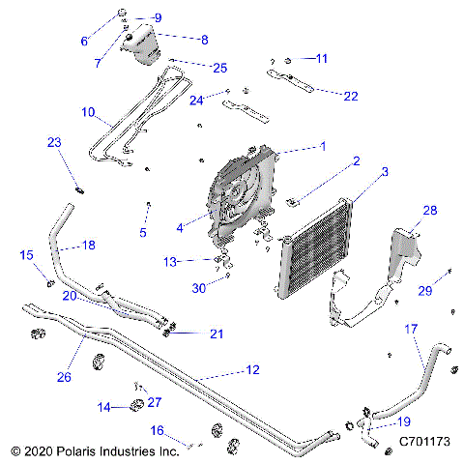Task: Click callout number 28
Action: click(429, 210)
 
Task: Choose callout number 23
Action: click(54, 142)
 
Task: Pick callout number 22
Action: click(350, 96)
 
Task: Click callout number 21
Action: click(217, 333)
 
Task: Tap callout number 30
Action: click(199, 287)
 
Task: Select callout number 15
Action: click(26, 254)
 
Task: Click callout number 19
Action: click(403, 421)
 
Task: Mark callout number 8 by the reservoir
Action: click(204, 40)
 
